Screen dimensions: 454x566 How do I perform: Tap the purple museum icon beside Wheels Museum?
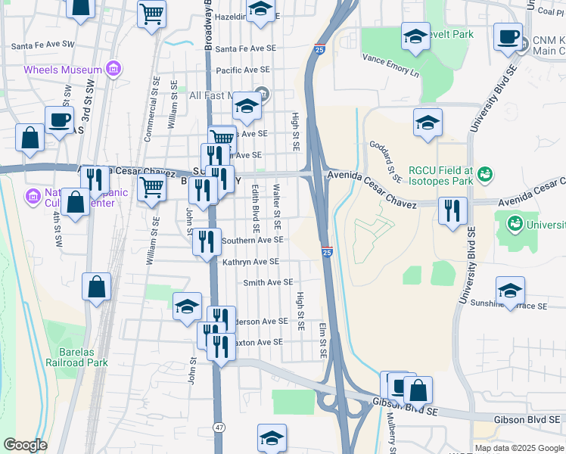click(114, 70)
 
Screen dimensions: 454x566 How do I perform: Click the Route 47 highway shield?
click(218, 428)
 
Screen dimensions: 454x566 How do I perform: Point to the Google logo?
click(25, 445)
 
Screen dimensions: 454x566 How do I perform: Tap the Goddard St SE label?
click(385, 160)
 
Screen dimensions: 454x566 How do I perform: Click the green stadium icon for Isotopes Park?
click(484, 176)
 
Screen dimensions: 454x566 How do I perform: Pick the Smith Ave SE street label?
click(267, 282)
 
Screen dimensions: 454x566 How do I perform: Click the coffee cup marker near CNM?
click(508, 36)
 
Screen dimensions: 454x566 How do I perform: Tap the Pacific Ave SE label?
click(244, 70)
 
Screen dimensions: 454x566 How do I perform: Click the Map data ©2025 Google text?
click(518, 448)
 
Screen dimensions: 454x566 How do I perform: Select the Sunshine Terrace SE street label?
click(522, 306)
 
